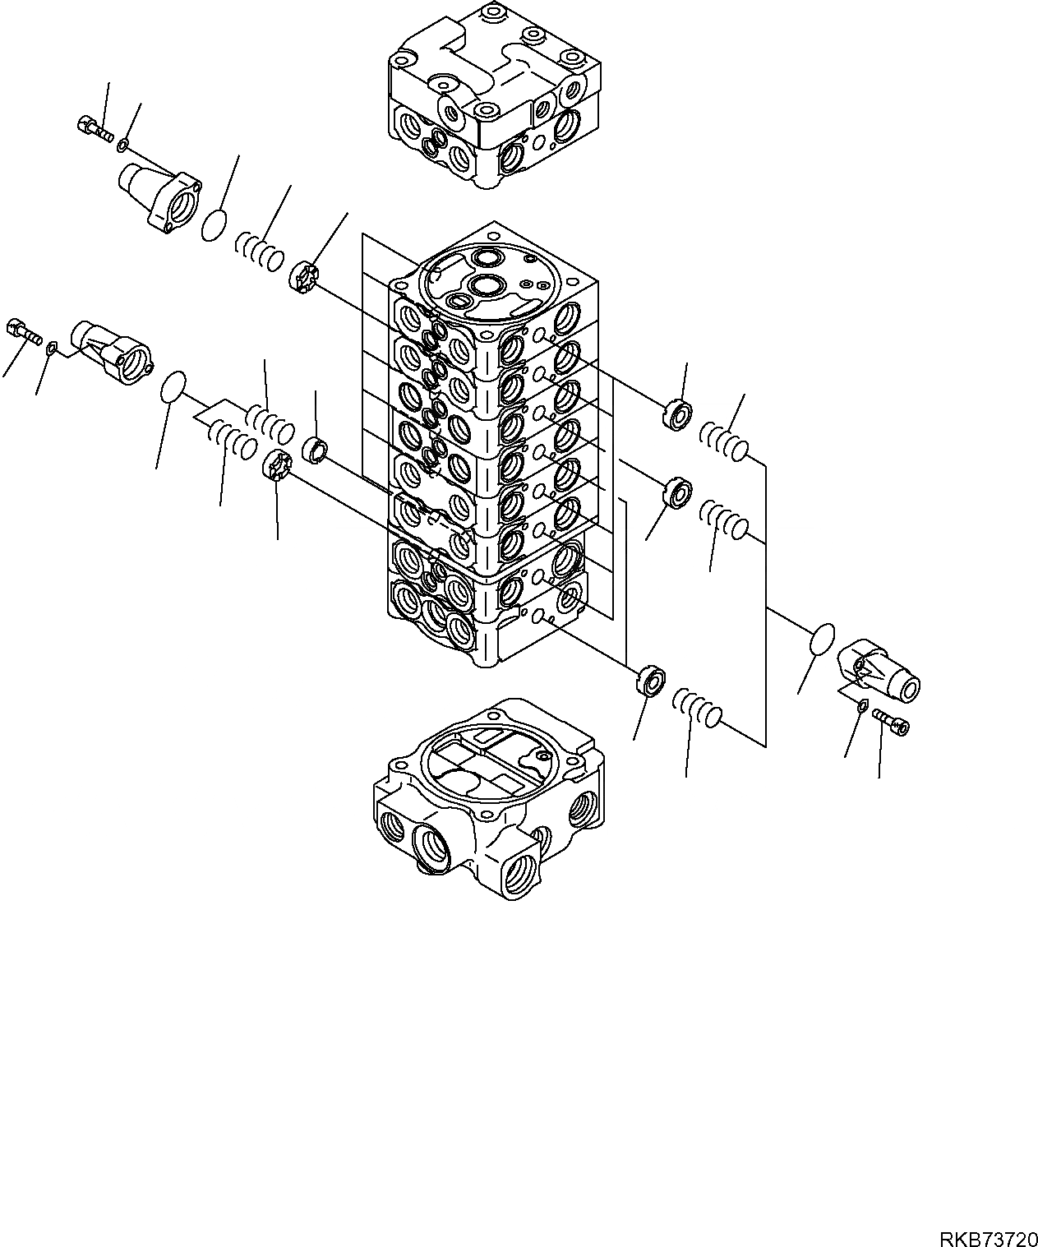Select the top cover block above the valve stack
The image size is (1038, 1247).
coord(493,95)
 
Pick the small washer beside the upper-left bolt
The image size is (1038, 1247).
coord(122,145)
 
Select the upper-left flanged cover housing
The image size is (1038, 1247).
coord(161,194)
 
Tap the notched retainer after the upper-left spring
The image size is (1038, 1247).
coord(303,275)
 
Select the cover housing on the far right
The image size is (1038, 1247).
coord(877,670)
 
